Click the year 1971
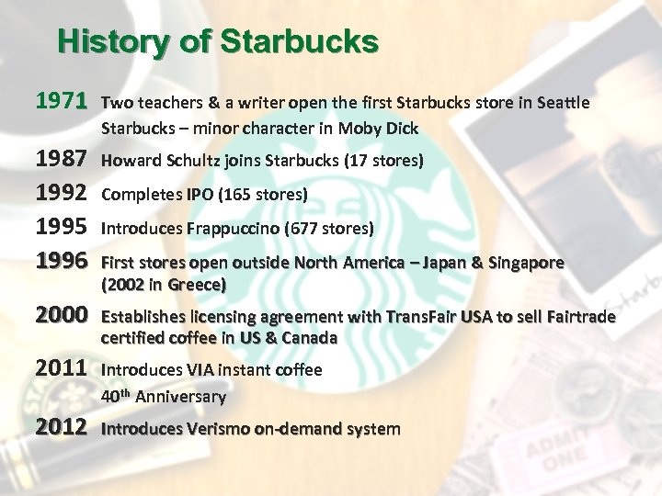point(62,100)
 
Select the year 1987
point(62,161)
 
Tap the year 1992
point(62,194)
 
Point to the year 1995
point(62,228)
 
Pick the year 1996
point(62,262)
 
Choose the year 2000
point(62,317)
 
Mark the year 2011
point(62,370)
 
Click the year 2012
point(62,428)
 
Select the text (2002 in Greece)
point(164,285)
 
